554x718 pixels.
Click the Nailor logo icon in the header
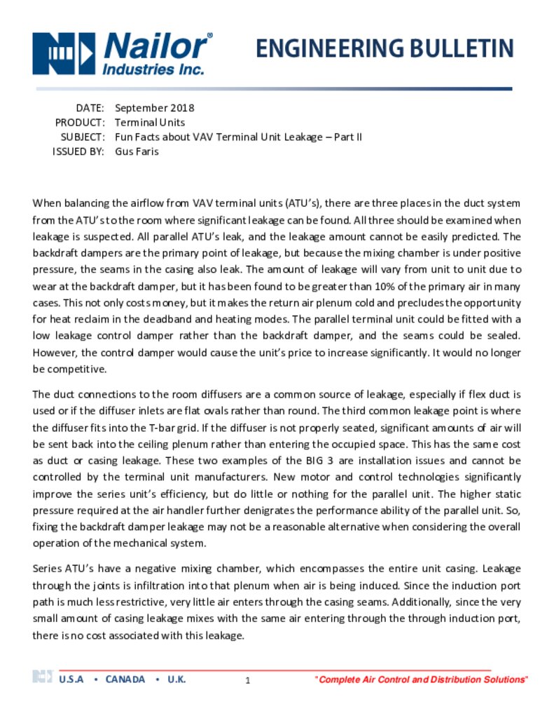click(x=64, y=53)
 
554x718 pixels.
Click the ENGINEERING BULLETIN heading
click(x=385, y=48)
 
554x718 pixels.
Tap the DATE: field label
click(x=90, y=108)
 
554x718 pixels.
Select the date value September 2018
click(x=154, y=108)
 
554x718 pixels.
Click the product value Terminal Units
click(x=150, y=123)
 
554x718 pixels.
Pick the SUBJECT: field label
click(x=83, y=137)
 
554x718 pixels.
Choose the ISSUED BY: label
click(x=78, y=151)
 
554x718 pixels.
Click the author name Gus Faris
click(x=137, y=151)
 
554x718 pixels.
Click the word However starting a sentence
click(x=55, y=352)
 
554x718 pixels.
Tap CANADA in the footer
click(x=125, y=679)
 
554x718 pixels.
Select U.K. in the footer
click(x=176, y=679)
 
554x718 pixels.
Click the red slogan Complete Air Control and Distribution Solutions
click(x=422, y=680)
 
